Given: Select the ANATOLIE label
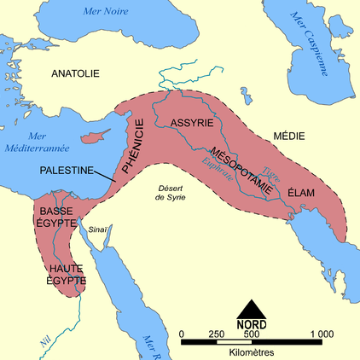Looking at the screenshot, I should pyautogui.click(x=76, y=74).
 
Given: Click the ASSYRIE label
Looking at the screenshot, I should pyautogui.click(x=192, y=123).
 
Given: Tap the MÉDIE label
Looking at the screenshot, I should pyautogui.click(x=287, y=136).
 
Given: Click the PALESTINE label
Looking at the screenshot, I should pyautogui.click(x=67, y=171).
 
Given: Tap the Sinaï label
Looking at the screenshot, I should pyautogui.click(x=98, y=229).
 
